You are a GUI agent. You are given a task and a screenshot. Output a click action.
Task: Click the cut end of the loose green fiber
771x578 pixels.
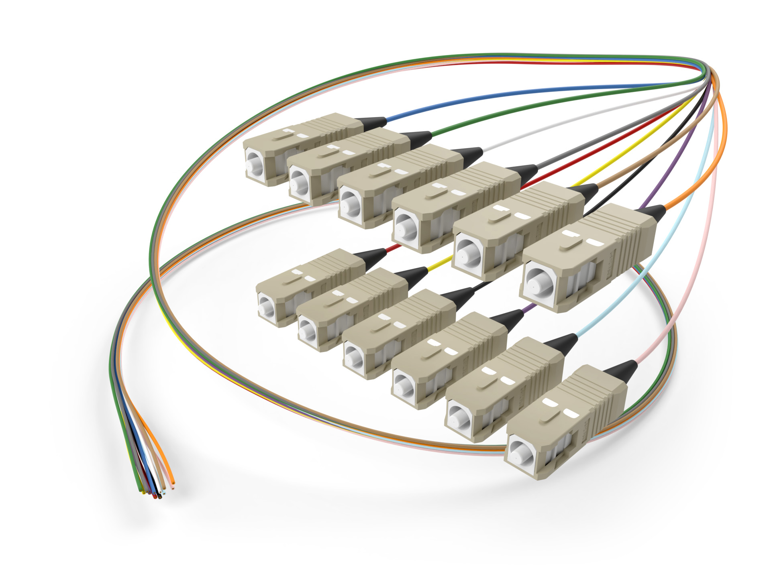pos(141,490)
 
